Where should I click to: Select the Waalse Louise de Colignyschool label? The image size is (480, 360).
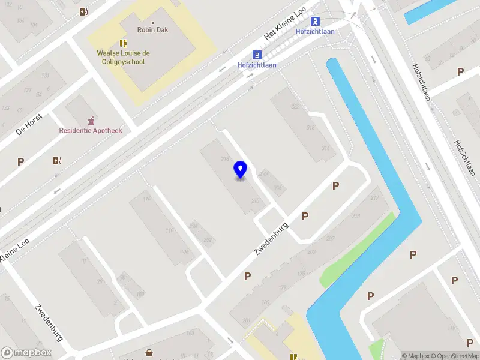(123, 56)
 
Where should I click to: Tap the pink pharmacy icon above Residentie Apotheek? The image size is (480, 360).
(91, 119)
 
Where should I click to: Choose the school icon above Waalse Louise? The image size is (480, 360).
(123, 43)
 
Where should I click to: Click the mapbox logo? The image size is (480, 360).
(25, 352)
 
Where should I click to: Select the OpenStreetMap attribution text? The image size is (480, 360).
(455, 356)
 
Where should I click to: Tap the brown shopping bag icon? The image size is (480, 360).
(148, 353)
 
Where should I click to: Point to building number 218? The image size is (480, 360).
(226, 158)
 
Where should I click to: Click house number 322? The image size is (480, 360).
(295, 107)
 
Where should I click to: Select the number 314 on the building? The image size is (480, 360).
(326, 148)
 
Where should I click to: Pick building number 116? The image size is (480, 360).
(147, 199)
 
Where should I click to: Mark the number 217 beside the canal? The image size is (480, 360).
(375, 198)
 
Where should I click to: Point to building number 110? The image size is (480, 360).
(169, 230)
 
